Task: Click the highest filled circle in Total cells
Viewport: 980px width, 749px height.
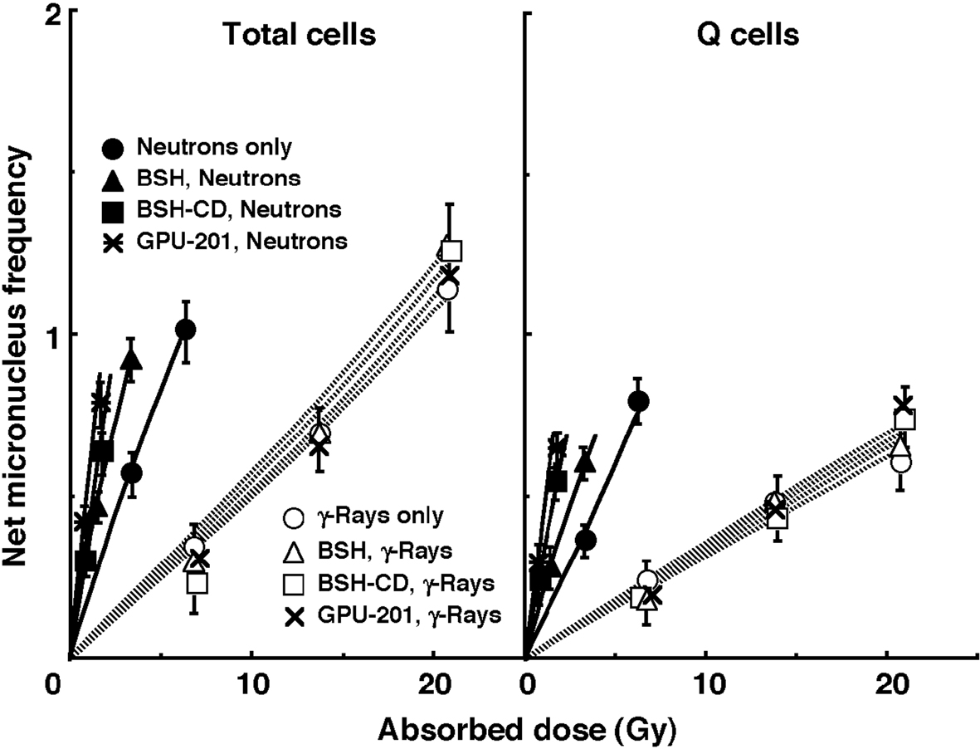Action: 186,330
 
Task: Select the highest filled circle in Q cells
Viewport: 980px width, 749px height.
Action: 638,401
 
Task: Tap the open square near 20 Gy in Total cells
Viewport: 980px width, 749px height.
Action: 451,250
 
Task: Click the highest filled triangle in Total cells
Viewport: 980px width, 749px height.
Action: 131,360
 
